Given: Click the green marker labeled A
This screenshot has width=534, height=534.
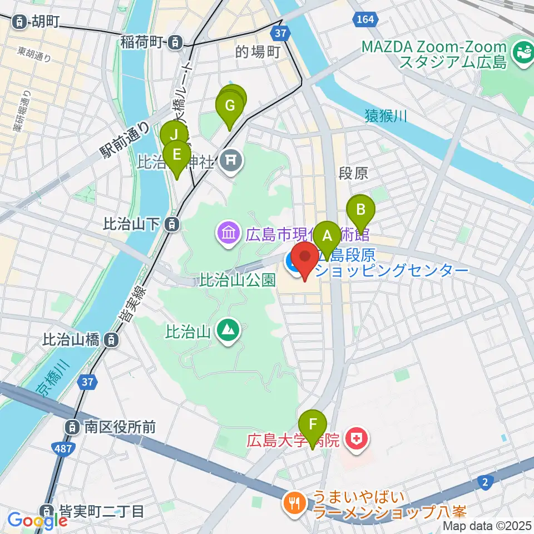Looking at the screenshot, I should [x=326, y=235].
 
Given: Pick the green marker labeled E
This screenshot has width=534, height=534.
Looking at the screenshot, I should [x=177, y=155].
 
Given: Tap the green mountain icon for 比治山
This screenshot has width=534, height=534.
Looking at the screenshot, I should [x=229, y=332].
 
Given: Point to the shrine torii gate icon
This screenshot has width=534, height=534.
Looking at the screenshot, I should [x=230, y=162].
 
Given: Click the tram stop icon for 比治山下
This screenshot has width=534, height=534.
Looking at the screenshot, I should [x=172, y=224].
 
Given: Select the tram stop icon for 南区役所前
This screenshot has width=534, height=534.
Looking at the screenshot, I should [x=72, y=427].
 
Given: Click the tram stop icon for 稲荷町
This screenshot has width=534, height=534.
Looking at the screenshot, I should [x=175, y=41].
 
